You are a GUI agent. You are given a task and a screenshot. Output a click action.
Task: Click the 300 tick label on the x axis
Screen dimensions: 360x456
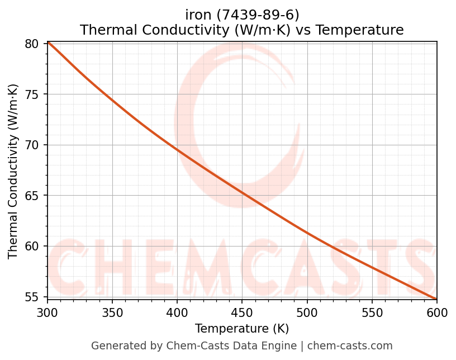click(x=47, y=312)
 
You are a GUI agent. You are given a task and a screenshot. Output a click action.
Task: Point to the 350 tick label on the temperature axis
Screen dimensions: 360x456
click(x=112, y=312)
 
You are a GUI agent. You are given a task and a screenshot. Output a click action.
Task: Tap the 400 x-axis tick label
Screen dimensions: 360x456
click(x=177, y=312)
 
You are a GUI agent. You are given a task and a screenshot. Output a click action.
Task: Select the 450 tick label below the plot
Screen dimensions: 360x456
click(x=242, y=312)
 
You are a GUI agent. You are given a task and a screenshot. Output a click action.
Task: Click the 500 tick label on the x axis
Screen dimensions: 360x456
click(x=307, y=312)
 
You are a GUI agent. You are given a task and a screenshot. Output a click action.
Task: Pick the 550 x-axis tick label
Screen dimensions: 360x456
click(x=372, y=312)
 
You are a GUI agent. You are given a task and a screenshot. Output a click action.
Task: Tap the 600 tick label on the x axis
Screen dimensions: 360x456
click(x=436, y=312)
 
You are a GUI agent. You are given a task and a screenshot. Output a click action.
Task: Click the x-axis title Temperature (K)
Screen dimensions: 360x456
click(x=242, y=329)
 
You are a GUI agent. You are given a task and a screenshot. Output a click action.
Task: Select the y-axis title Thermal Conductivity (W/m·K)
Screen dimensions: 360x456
click(x=13, y=171)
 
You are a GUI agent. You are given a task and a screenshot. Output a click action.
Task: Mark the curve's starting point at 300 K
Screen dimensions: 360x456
click(x=48, y=42)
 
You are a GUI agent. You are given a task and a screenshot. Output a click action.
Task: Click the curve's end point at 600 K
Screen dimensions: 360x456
click(x=436, y=299)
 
